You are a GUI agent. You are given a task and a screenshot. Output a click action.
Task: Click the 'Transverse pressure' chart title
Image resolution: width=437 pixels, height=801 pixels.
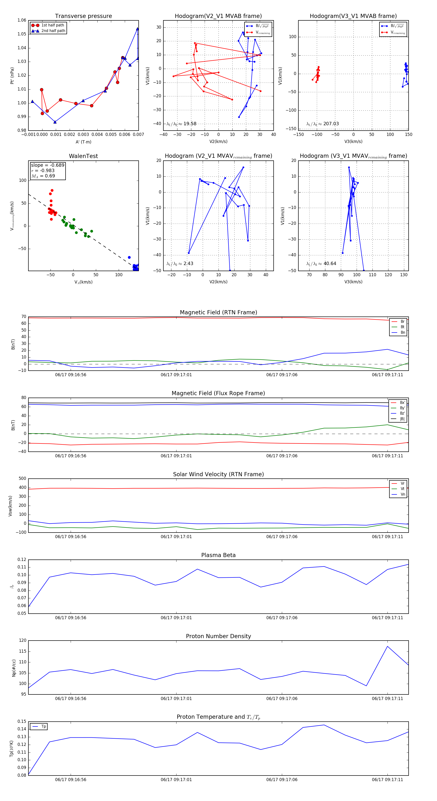click(x=83, y=16)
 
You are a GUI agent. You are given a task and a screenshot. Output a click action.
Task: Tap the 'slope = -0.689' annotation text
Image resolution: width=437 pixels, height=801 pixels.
click(x=48, y=165)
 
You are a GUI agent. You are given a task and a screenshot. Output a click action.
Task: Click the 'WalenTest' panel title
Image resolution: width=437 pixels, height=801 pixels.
click(x=83, y=156)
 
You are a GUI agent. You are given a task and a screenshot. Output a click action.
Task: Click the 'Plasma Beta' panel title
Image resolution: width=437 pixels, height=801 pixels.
click(x=218, y=555)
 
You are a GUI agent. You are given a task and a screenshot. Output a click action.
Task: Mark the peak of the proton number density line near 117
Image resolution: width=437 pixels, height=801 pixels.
click(x=387, y=646)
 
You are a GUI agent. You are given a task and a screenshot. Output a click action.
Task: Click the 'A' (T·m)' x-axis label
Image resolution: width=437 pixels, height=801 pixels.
click(x=83, y=142)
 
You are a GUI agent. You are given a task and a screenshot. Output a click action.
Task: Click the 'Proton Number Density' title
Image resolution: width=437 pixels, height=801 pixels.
click(x=218, y=636)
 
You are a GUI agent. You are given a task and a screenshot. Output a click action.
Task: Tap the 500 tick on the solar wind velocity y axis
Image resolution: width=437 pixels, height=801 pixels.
click(x=22, y=479)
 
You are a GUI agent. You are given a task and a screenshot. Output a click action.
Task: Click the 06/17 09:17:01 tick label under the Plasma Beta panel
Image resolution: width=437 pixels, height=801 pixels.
click(x=176, y=617)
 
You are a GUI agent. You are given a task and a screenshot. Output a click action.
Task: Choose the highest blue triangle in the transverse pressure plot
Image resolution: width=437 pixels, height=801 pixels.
click(x=137, y=29)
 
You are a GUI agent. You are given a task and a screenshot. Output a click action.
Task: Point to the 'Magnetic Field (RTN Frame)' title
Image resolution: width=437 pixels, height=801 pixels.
click(x=218, y=312)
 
